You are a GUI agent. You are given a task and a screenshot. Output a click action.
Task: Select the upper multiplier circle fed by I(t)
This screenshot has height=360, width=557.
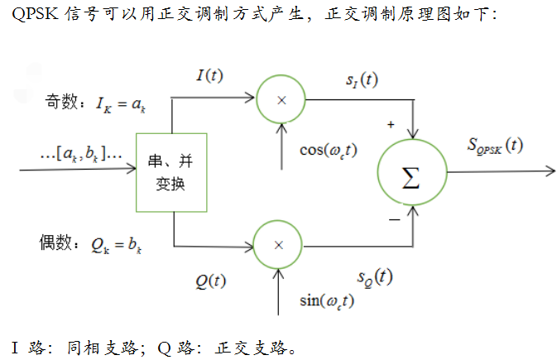pyautogui.click(x=280, y=99)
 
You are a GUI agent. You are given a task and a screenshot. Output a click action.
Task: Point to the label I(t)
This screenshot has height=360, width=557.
pyautogui.click(x=209, y=75)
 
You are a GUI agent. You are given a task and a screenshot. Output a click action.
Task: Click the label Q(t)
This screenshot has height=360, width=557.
pyautogui.click(x=210, y=280)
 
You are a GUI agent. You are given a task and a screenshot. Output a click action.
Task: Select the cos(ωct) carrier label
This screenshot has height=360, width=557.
pyautogui.click(x=329, y=150)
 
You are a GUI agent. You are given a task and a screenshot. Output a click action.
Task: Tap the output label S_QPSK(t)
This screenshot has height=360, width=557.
pyautogui.click(x=494, y=145)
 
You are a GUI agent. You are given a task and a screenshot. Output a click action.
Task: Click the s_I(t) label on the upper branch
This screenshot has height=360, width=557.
pyautogui.click(x=362, y=80)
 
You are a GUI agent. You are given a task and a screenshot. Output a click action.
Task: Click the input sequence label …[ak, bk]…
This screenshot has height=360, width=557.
pyautogui.click(x=81, y=153)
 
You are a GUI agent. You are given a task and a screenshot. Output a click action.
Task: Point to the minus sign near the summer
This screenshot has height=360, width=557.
pyautogui.click(x=394, y=219)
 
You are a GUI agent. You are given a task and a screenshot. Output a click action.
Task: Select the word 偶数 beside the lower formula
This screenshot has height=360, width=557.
pyautogui.click(x=56, y=244)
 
